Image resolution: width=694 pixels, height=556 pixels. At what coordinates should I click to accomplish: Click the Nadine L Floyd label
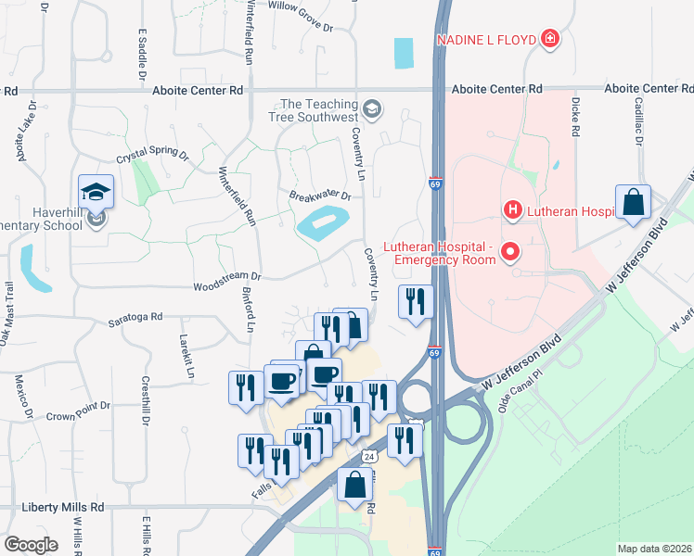[486, 39]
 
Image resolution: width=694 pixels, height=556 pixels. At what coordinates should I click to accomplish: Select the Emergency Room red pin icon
[508, 251]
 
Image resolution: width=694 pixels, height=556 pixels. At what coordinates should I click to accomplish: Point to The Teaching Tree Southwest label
[319, 111]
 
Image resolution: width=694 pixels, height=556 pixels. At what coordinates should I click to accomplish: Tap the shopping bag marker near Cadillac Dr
[633, 203]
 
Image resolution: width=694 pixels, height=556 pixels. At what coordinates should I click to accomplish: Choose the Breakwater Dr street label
[320, 196]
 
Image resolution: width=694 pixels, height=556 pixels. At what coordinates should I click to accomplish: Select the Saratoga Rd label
[135, 316]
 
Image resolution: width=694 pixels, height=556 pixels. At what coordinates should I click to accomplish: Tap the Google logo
[32, 544]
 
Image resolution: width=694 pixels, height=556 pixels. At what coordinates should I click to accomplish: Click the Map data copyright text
[654, 549]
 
